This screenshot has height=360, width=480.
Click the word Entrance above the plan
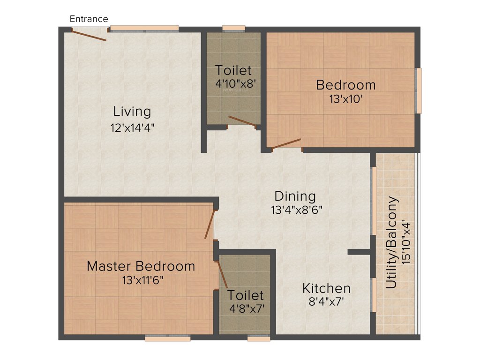tap(89, 19)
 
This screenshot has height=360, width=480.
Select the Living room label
tap(132, 112)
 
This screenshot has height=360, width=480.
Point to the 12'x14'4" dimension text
tap(132, 127)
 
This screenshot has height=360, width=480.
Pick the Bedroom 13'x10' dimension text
tap(345, 99)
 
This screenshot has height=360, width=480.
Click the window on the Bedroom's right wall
tap(419, 90)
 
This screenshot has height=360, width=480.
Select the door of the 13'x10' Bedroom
tap(286, 143)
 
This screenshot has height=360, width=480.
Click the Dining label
tap(295, 196)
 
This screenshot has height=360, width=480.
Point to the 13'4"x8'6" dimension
tap(296, 210)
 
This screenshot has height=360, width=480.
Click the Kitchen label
tap(326, 288)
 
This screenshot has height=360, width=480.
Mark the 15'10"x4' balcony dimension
tap(406, 243)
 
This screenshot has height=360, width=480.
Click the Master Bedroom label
tap(141, 266)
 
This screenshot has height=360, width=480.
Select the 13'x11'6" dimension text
tap(141, 280)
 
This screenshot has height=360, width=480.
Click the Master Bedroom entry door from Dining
tap(210, 225)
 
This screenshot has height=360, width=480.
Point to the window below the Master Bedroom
tap(168, 337)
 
